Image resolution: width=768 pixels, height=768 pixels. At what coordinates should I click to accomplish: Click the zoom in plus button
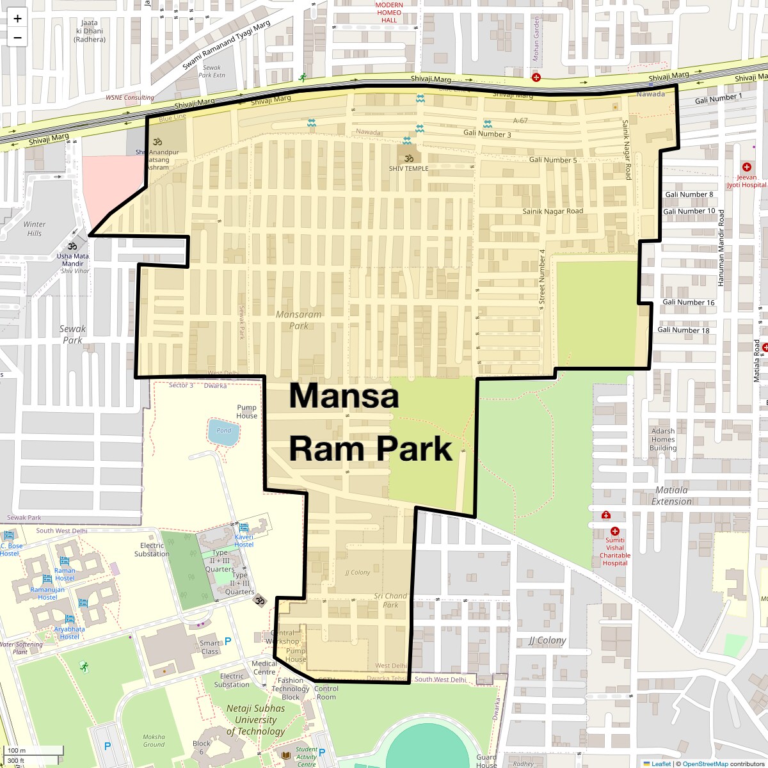click(17, 19)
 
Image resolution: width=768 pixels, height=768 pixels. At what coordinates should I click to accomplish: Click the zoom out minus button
click(17, 38)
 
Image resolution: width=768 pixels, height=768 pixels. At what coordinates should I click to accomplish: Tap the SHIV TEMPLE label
click(408, 168)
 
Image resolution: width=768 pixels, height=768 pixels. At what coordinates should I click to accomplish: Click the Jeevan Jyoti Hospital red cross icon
click(746, 167)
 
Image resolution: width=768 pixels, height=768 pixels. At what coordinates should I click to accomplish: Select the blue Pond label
click(223, 430)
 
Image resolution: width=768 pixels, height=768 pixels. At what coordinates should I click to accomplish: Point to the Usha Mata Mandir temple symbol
click(73, 246)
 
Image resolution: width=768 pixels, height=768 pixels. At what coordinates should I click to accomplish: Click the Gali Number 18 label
click(683, 330)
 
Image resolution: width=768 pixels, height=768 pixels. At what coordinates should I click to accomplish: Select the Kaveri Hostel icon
click(243, 527)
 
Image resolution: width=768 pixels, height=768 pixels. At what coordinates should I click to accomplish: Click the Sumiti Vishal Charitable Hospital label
click(614, 552)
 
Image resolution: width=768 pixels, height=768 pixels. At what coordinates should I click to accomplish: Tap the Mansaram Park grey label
click(298, 320)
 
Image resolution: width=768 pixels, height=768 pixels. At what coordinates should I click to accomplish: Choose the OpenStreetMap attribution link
click(705, 764)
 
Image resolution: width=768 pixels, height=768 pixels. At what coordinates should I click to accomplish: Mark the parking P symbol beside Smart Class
click(228, 641)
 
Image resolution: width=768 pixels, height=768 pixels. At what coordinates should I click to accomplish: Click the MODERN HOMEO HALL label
click(389, 12)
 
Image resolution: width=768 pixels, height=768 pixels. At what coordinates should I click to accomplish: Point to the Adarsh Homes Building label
click(663, 439)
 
